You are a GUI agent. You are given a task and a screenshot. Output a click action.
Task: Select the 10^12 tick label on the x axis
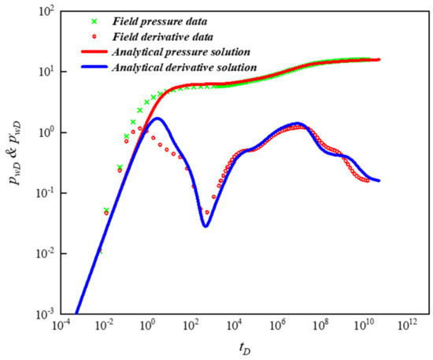(x=405, y=325)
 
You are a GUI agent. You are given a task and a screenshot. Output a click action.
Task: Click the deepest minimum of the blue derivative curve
(x=205, y=226)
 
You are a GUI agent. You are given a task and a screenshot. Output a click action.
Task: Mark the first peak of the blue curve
(x=158, y=119)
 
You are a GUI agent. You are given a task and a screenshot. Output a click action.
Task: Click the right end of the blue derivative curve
(x=379, y=181)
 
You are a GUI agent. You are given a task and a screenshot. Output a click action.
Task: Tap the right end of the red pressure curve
(x=379, y=60)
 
